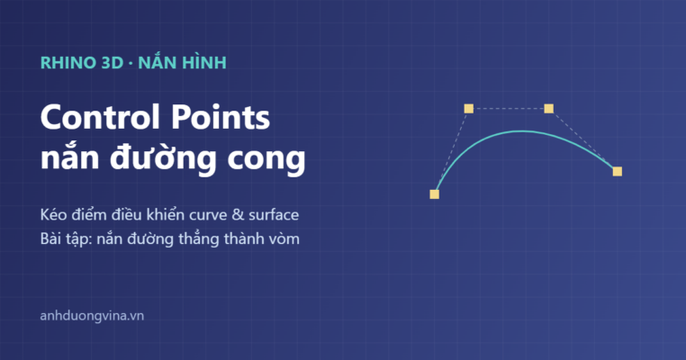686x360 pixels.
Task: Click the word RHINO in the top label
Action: [x=68, y=63]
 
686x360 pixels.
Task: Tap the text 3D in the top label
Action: [x=112, y=63]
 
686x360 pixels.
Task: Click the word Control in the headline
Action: [x=102, y=118]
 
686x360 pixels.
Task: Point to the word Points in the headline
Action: [x=221, y=118]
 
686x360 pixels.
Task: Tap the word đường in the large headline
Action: [x=163, y=157]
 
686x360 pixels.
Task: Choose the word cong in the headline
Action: [x=266, y=160]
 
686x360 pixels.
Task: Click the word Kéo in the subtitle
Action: [x=51, y=214]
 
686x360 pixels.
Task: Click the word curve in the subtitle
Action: [x=204, y=216]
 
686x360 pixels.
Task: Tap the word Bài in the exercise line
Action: [x=49, y=238]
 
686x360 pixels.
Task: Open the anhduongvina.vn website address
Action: [x=92, y=316]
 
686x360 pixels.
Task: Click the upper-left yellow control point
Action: [x=468, y=109]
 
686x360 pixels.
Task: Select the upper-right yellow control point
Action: [x=548, y=109]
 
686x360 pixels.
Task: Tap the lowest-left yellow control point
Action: [x=435, y=194]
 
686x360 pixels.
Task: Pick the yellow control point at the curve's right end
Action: [x=618, y=172]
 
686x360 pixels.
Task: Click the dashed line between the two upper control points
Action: [x=509, y=109]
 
